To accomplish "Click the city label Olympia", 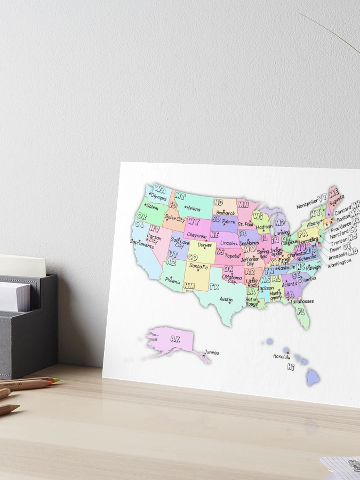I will (x=159, y=197).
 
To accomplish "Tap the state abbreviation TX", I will (x=214, y=286).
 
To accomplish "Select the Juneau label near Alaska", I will (x=211, y=352).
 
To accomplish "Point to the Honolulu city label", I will (x=282, y=356).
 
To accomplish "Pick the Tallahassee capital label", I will (x=302, y=301).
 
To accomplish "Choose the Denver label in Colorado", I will (x=205, y=245).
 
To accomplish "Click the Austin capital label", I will (x=226, y=299).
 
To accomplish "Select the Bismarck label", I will (x=226, y=213).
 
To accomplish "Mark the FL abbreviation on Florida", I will (x=301, y=311).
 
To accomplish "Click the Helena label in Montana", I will (x=193, y=209).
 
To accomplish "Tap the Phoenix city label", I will (x=173, y=281).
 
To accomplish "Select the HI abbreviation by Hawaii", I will (x=291, y=367).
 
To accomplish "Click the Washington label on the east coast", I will (x=339, y=263).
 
